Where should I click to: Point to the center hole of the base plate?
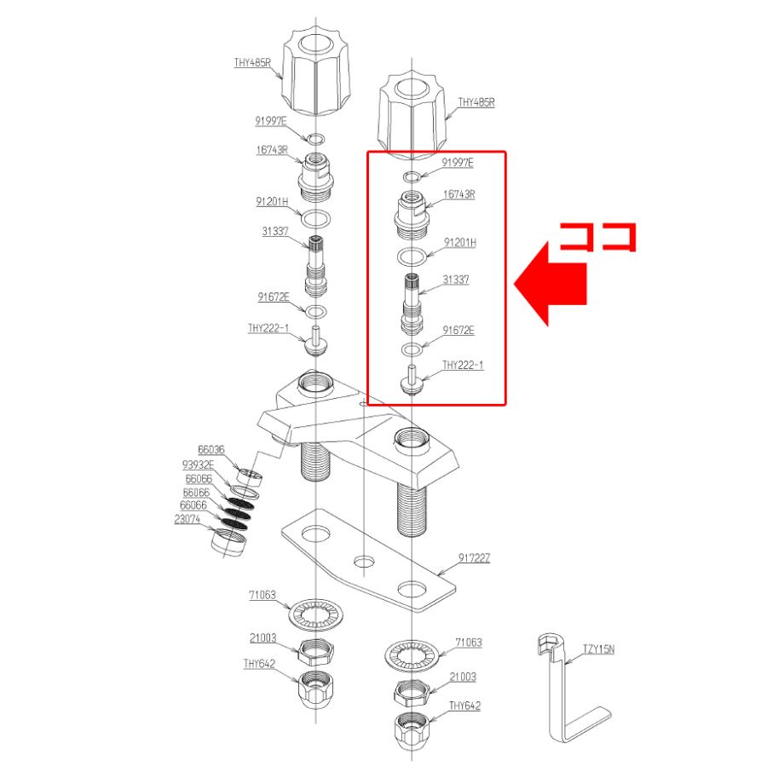[x=365, y=562]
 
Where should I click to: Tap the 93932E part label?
[x=199, y=464]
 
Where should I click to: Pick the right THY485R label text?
[x=476, y=102]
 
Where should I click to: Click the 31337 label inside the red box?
[x=457, y=280]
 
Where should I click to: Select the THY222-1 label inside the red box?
[x=463, y=366]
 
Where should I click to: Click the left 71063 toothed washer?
[x=316, y=614]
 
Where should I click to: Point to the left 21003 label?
[x=262, y=637]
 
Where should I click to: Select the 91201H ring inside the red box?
[x=411, y=257]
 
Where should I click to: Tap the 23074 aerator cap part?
[x=229, y=541]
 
